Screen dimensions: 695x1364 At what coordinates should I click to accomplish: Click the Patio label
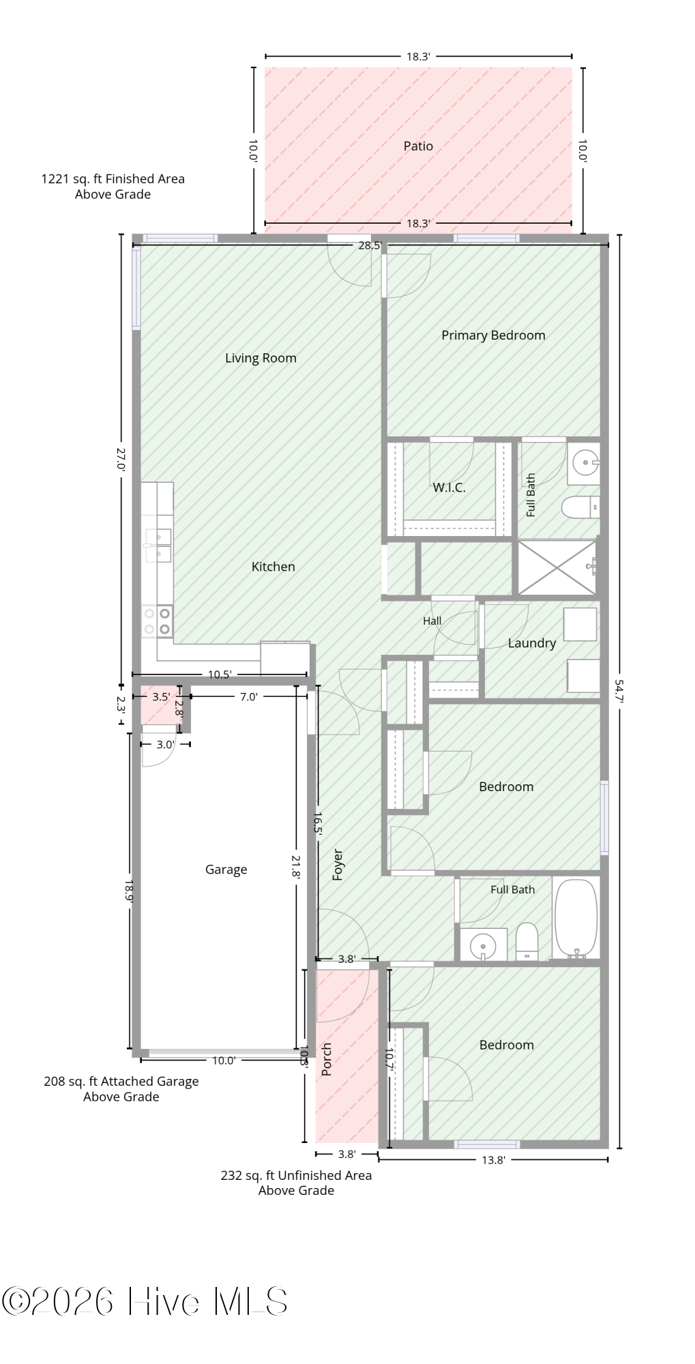coord(418,146)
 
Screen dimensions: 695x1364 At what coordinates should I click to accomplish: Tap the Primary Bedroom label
coord(493,336)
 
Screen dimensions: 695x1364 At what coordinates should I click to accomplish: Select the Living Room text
coord(261,358)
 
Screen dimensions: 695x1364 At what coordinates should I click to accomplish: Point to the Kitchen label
coord(273,567)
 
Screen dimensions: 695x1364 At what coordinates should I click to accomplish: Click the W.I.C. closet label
coord(449,488)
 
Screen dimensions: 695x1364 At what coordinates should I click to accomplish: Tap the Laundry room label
coord(532,643)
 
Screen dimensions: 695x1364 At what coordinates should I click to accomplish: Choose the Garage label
coord(226,870)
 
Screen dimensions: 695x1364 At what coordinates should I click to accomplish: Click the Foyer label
coord(338,865)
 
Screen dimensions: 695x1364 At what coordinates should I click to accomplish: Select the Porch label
coord(326,1059)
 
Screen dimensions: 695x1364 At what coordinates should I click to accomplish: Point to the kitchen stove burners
coord(157,621)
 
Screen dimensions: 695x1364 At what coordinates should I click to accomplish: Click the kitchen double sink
coord(158,545)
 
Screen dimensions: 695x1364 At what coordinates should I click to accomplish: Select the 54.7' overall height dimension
coord(619,690)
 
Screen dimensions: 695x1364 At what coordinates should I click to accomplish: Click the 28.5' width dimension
coord(370,246)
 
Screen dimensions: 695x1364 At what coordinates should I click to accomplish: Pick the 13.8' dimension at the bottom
coord(493,1160)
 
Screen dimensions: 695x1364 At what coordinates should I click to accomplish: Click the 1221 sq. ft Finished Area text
coord(113,186)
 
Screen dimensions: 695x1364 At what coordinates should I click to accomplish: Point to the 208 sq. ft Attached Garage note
coord(121,1088)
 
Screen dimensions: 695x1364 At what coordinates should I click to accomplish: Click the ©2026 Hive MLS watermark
coord(145,1301)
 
